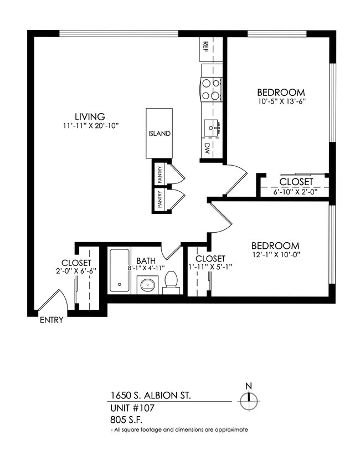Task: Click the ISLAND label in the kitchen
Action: click(159, 134)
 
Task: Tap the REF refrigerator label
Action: click(205, 46)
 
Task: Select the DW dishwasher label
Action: click(206, 148)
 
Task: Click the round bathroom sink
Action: click(147, 286)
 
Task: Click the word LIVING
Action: click(91, 116)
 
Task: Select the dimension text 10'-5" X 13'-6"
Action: click(281, 101)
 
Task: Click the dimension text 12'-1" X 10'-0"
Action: click(275, 255)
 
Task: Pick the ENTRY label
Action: click(52, 320)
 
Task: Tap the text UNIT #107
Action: click(131, 408)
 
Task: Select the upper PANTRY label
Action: click(160, 175)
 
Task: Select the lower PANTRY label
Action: click(160, 200)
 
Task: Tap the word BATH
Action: click(146, 260)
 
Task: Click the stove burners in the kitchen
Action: click(210, 90)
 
